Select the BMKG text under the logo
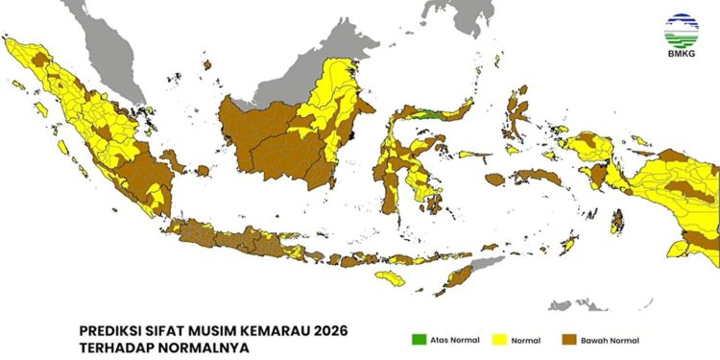[682, 57]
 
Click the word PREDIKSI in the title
[111, 331]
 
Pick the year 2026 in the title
[327, 331]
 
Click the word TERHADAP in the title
[115, 348]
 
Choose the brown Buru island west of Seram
[495, 180]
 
